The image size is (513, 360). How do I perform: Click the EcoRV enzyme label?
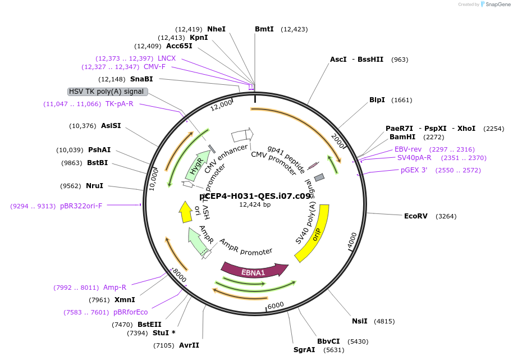415,216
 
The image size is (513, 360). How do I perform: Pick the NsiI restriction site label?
360,321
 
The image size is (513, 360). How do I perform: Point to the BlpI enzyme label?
377,100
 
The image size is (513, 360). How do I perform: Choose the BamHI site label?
402,136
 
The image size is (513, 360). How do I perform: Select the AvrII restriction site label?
189,345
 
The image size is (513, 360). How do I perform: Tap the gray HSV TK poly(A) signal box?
107,92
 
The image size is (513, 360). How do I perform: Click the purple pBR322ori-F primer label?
81,206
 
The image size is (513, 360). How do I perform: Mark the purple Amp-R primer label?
114,288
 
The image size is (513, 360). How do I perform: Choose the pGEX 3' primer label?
414,170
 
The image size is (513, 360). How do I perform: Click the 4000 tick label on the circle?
352,239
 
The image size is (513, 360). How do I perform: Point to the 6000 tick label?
276,306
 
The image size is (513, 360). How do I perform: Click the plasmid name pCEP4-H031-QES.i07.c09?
255,196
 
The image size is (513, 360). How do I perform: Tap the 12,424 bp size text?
255,204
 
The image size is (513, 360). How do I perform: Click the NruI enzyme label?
94,186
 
